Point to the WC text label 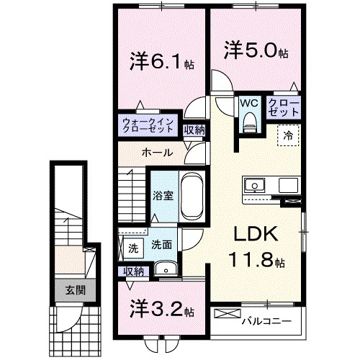248,103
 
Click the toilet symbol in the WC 249,124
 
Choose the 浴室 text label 162,196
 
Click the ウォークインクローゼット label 147,126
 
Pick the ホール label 156,153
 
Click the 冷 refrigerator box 287,134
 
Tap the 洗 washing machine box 132,248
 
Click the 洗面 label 161,245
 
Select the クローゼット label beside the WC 282,109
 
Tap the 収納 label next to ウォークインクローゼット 194,130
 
